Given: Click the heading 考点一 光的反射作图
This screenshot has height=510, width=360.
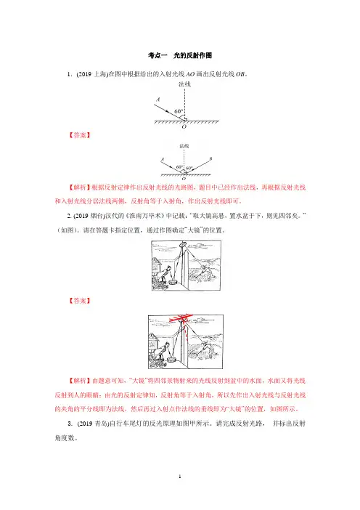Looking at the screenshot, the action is point(180,55).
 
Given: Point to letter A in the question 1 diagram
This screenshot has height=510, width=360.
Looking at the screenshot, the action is point(158,100).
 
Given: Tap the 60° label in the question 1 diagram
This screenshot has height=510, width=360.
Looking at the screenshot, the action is point(179,111).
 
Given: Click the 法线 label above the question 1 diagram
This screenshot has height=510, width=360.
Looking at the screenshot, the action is point(184,84).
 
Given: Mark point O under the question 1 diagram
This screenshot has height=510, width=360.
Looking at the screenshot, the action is point(184,126).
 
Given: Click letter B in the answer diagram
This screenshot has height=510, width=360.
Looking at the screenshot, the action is point(210,158).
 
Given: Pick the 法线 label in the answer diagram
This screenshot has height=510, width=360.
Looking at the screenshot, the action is point(184,146).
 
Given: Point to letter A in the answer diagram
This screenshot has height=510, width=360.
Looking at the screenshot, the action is point(163,159).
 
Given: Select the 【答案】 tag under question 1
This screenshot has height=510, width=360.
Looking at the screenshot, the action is point(79,135).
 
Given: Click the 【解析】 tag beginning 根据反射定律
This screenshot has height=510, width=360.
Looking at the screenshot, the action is point(79,187).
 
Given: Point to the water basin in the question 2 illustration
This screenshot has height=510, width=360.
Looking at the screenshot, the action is point(172,282).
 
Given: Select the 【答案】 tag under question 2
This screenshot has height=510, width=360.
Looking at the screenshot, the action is point(79,301).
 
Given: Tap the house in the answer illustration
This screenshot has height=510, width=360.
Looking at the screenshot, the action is point(153,343).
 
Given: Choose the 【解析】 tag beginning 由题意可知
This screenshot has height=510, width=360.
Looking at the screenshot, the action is point(79,381).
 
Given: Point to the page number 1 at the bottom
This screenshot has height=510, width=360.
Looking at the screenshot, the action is point(180,477).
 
